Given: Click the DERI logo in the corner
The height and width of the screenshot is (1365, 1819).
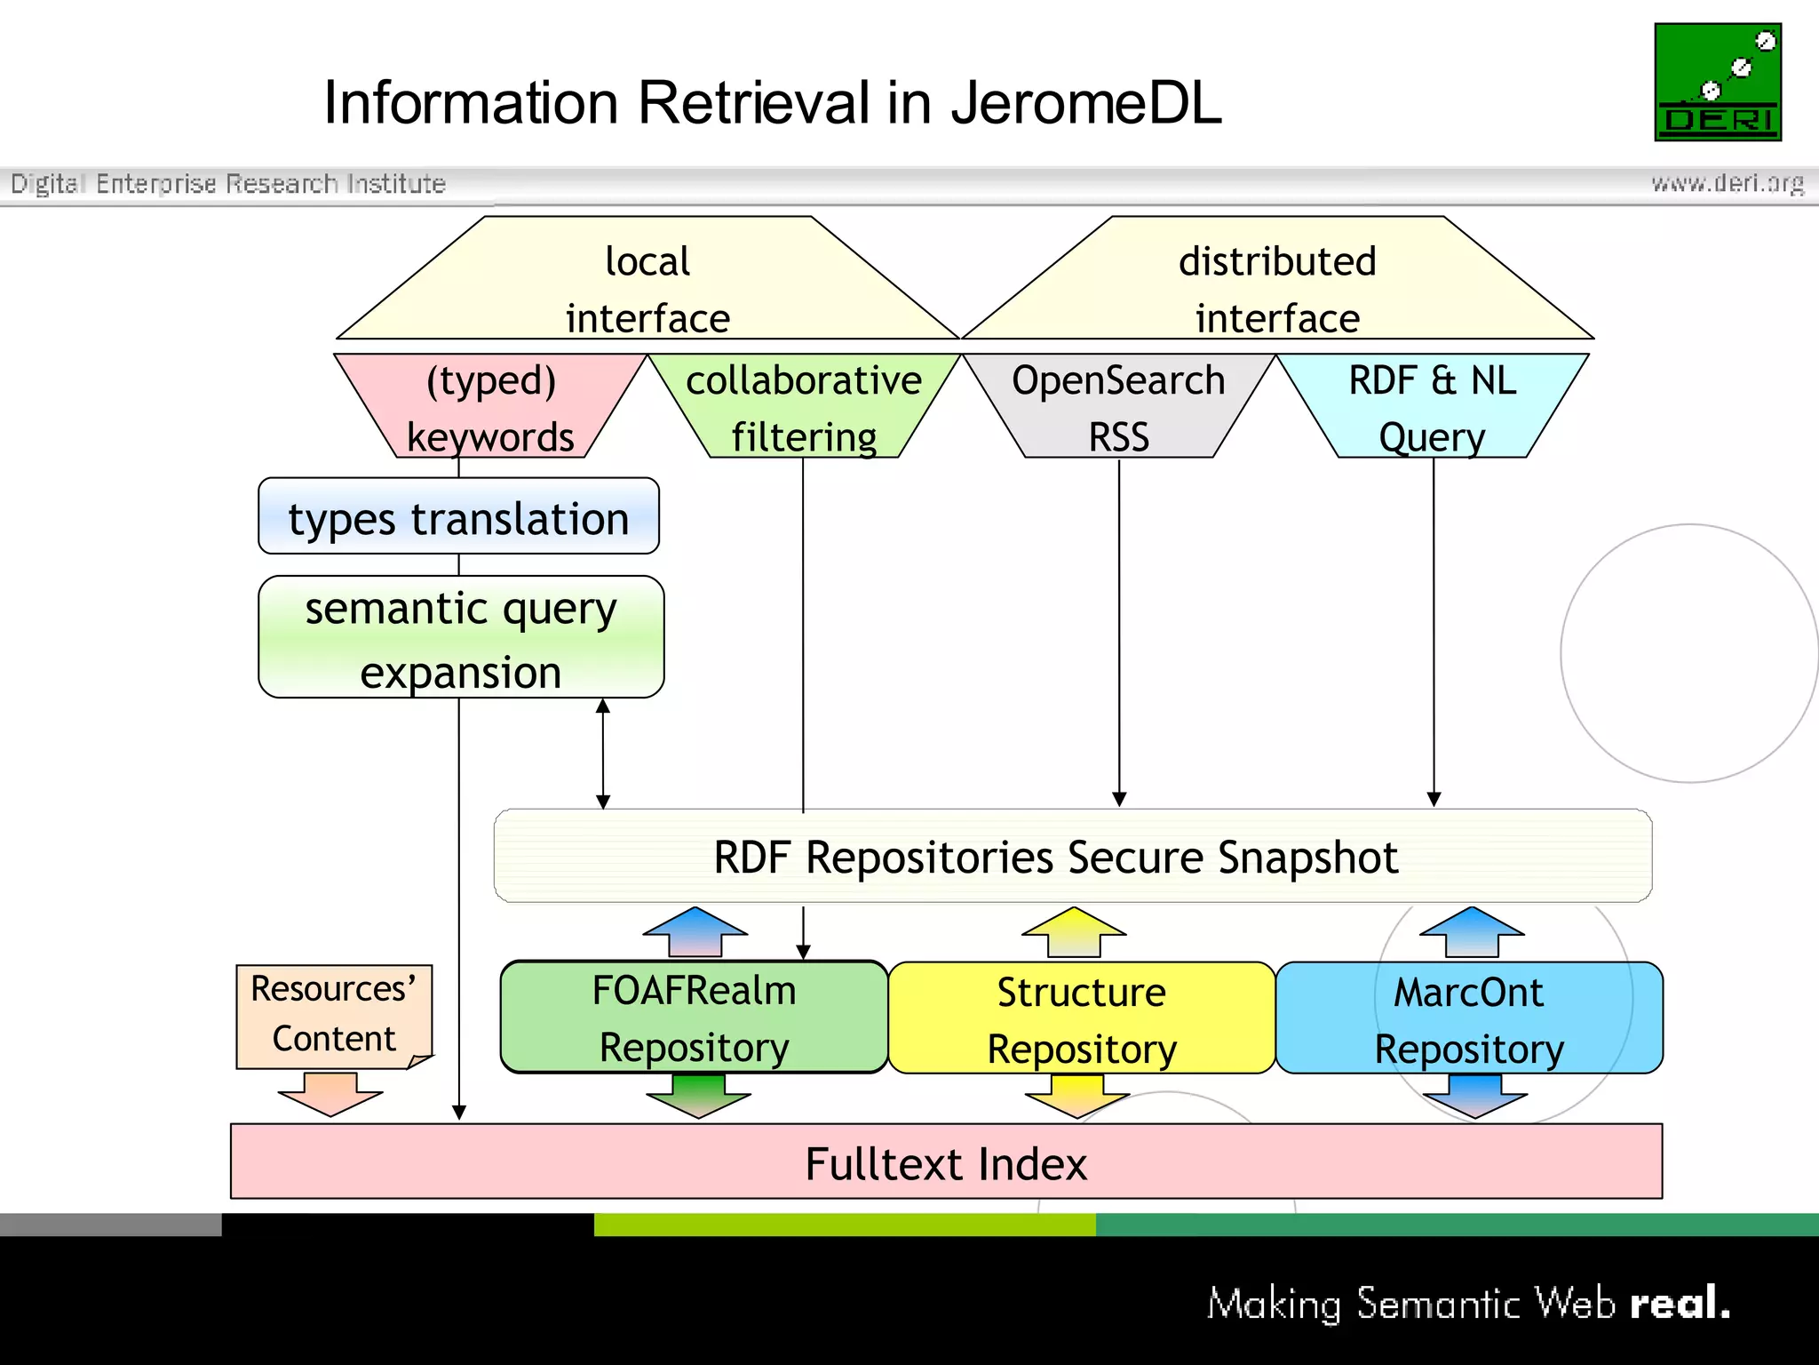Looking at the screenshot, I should coord(1717,82).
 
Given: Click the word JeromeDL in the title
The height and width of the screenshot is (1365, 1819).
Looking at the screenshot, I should coord(1085,103).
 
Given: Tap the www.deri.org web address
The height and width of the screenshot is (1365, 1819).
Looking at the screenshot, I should coord(1727,183).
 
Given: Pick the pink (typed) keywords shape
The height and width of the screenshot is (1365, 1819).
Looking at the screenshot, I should coord(490,407).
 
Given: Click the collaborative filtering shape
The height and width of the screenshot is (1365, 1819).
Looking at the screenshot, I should coord(804,407).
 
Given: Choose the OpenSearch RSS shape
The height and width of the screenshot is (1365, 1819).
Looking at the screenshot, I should coord(1118,407).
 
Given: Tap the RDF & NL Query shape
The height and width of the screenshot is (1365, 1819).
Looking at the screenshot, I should coord(1432,407).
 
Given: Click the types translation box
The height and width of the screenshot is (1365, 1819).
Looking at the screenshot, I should coord(458,517).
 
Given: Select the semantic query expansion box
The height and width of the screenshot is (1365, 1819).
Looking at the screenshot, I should coord(460,638).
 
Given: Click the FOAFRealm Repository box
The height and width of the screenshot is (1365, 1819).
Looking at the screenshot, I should coord(694,1018).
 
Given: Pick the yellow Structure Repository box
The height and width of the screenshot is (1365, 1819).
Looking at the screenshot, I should coord(1081,1018).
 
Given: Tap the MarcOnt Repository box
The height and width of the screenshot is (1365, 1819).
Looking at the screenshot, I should coord(1468,1018).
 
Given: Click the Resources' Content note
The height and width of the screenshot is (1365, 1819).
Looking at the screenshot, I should coord(333,1014).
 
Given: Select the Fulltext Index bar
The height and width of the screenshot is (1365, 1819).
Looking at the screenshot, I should coord(946,1162).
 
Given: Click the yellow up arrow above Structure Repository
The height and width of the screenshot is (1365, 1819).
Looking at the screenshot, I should coord(1074,931).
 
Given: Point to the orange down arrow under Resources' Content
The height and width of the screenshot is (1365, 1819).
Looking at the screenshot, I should coord(330,1093).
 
